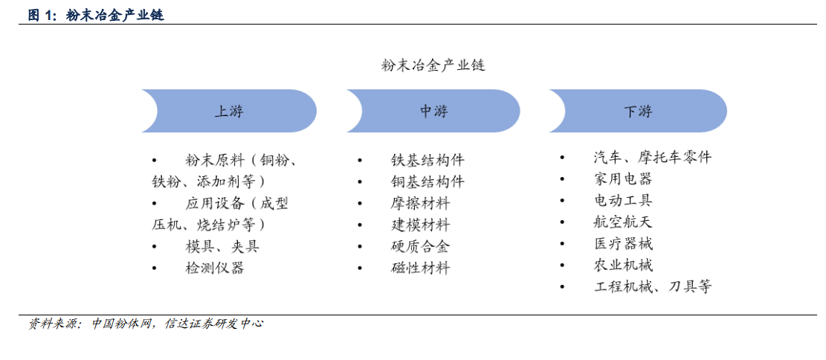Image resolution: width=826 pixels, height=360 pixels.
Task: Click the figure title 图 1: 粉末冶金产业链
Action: (96, 16)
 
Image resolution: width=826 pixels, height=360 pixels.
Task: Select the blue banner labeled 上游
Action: (229, 111)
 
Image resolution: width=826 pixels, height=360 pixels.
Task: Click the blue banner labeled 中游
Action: (433, 111)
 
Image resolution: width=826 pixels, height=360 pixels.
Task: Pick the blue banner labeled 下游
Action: (638, 111)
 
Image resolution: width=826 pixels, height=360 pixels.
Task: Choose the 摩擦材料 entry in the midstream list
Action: (420, 204)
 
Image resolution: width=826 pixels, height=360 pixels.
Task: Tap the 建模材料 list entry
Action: (420, 225)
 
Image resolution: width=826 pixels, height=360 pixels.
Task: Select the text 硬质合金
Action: (420, 247)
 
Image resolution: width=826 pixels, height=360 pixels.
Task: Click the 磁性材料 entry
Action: (420, 269)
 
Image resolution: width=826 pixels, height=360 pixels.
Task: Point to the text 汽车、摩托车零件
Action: (652, 157)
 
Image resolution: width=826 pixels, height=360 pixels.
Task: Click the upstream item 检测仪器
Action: (215, 269)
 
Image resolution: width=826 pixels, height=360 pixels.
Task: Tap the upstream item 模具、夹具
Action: (222, 247)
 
